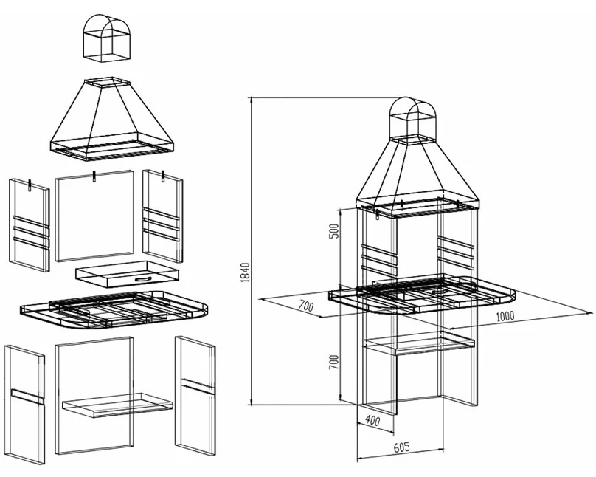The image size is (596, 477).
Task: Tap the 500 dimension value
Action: pos(333,231)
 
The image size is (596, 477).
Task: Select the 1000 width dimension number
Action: pos(505,316)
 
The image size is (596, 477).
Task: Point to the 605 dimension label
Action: pos(401,447)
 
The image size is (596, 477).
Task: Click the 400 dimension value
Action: pos(372,420)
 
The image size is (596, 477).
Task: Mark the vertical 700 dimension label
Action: pos(333,362)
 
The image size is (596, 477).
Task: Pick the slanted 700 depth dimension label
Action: pos(305,306)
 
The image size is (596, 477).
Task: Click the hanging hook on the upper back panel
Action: pos(94,177)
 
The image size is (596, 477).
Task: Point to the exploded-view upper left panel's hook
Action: pos(30,184)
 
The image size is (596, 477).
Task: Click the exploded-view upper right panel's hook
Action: pos(163,176)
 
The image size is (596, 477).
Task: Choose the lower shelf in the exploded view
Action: pos(117,405)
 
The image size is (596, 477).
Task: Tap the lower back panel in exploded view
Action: pos(94,395)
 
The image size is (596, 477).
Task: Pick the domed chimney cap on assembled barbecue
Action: pos(414,118)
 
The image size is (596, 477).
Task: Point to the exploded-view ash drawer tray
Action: pos(127,274)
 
